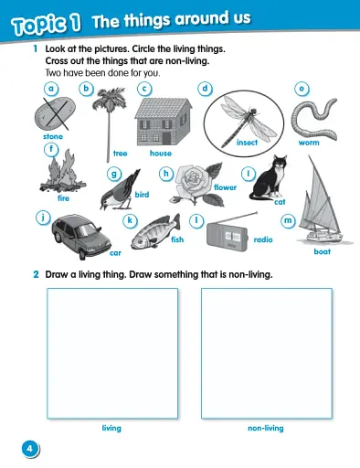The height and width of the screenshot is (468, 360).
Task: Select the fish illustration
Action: tap(152, 237)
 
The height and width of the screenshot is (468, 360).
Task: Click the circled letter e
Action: tap(302, 89)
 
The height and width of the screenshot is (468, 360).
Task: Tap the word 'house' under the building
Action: tap(161, 154)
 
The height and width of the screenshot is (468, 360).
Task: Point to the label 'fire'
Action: tap(63, 197)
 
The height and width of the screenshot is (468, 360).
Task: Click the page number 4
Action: tap(30, 448)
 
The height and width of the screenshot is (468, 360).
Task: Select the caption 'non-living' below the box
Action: tap(265, 428)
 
